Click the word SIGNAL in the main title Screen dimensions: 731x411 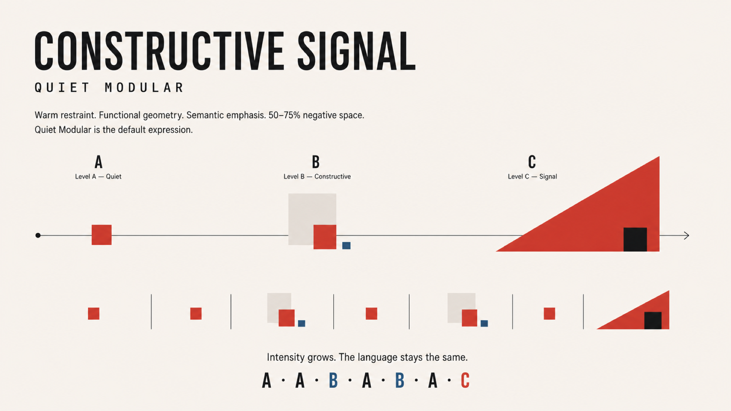(x=356, y=51)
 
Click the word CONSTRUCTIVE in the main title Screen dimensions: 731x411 (x=159, y=51)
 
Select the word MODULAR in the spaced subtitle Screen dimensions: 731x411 (x=144, y=88)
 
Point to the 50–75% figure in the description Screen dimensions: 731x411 (x=284, y=115)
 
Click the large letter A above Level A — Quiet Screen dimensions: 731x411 (x=99, y=162)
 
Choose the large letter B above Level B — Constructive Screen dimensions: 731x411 (x=316, y=162)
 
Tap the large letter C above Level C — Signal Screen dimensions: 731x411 (x=532, y=162)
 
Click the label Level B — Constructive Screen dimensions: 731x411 (x=317, y=177)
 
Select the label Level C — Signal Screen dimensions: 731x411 (x=532, y=177)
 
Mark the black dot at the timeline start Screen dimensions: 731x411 (x=38, y=235)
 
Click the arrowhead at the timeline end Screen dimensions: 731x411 (x=686, y=236)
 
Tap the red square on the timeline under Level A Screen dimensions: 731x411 (x=102, y=235)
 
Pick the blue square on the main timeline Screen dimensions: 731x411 (x=346, y=245)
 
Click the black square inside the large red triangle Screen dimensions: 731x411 (x=635, y=239)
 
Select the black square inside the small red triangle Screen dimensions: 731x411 (x=653, y=320)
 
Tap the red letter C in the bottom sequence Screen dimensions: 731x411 (x=465, y=380)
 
